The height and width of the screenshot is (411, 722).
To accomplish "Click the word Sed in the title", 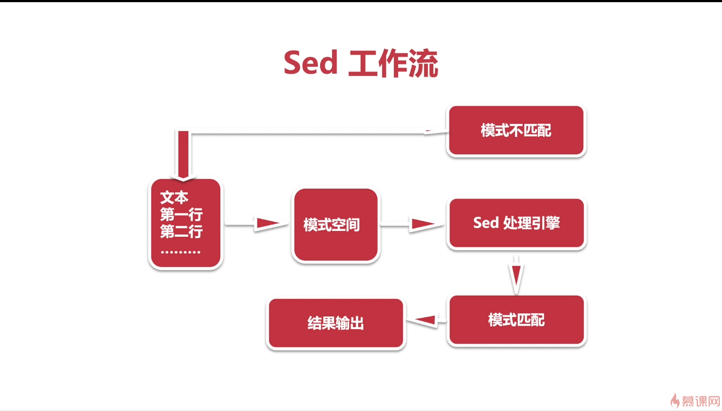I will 310,63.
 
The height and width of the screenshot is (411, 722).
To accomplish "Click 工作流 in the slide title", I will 393,64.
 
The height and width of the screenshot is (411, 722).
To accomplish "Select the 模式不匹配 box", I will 516,130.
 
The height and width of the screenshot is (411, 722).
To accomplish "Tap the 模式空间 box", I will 336,225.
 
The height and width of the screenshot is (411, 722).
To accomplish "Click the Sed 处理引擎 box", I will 516,223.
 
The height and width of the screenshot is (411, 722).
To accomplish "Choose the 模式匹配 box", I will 516,320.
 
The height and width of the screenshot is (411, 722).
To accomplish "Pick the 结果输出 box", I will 336,323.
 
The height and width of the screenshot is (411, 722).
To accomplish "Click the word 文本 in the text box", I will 174,198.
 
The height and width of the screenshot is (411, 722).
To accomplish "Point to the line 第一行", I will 181,215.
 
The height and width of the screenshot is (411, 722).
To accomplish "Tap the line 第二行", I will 181,232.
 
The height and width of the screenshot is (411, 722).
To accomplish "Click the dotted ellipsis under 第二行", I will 180,252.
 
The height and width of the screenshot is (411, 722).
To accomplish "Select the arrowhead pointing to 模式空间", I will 267,224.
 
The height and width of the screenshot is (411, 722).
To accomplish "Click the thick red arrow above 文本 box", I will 184,155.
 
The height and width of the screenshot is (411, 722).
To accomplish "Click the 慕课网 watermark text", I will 701,401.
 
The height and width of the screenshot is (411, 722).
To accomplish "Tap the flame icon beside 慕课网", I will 675,400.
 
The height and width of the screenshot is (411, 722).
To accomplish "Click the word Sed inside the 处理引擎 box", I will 485,223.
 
